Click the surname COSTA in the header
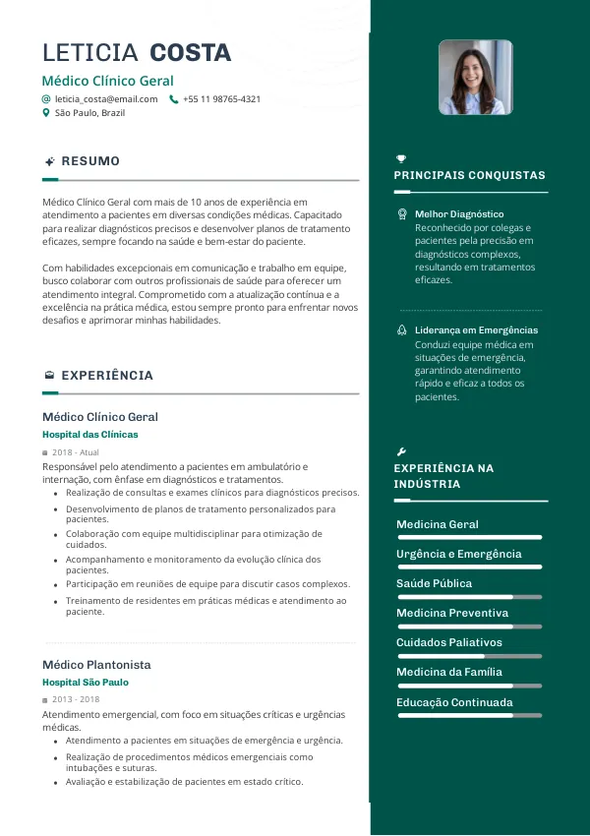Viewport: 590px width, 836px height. pyautogui.click(x=191, y=53)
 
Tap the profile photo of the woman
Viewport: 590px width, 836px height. pyautogui.click(x=475, y=78)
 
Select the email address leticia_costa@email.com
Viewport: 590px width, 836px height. pyautogui.click(x=106, y=99)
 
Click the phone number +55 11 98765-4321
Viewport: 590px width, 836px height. pyautogui.click(x=221, y=99)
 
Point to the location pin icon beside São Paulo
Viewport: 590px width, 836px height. pyautogui.click(x=46, y=113)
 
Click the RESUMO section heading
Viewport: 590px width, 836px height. pyautogui.click(x=90, y=161)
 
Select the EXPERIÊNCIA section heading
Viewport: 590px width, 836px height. pyautogui.click(x=107, y=376)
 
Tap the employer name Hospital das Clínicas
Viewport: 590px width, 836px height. pyautogui.click(x=90, y=434)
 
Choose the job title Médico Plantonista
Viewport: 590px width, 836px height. pyautogui.click(x=96, y=665)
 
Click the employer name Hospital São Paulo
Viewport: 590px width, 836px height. pyautogui.click(x=86, y=683)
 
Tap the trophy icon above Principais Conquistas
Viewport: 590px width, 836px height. pyautogui.click(x=401, y=158)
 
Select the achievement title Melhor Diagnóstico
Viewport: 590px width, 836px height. pyautogui.click(x=459, y=213)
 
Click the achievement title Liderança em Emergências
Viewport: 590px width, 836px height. pyautogui.click(x=476, y=330)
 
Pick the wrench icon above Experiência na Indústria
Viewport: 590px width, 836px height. pyautogui.click(x=401, y=450)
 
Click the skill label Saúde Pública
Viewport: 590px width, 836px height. pyautogui.click(x=434, y=583)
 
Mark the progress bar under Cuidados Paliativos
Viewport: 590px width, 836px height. pyautogui.click(x=469, y=656)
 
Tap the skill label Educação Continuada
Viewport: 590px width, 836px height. pyautogui.click(x=454, y=702)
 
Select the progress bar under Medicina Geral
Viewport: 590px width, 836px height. pyautogui.click(x=469, y=537)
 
